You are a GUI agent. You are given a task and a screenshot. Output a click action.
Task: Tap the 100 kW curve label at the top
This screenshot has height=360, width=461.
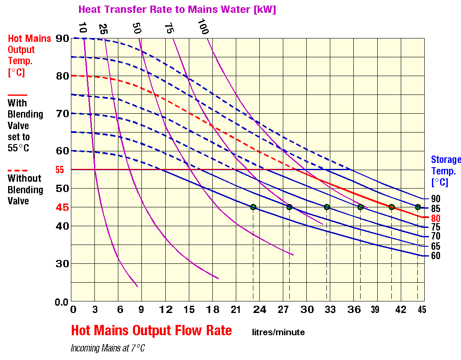click(203, 27)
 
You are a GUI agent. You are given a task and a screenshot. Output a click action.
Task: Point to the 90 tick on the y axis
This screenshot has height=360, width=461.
click(63, 38)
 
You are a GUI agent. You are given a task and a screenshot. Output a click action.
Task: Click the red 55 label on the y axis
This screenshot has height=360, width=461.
click(60, 170)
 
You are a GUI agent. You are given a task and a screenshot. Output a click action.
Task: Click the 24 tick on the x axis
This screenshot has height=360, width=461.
click(259, 310)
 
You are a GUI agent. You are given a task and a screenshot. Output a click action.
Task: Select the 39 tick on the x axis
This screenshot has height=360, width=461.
click(375, 310)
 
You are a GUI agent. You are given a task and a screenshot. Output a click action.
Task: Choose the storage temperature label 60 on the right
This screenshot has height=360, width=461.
click(435, 256)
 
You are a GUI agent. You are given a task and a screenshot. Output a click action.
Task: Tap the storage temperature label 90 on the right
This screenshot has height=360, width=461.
click(435, 199)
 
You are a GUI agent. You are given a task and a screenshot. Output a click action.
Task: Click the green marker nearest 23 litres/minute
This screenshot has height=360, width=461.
click(253, 207)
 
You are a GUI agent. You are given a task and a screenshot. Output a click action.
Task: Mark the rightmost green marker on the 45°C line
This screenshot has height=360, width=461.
click(418, 207)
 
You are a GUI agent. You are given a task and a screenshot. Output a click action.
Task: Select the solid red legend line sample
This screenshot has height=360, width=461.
click(17, 95)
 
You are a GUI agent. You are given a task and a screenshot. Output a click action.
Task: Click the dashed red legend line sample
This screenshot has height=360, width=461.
click(17, 170)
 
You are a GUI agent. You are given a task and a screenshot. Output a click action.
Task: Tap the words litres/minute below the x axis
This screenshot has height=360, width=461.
click(278, 332)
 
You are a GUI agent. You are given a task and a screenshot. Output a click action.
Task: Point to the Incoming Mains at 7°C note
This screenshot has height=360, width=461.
click(108, 348)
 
